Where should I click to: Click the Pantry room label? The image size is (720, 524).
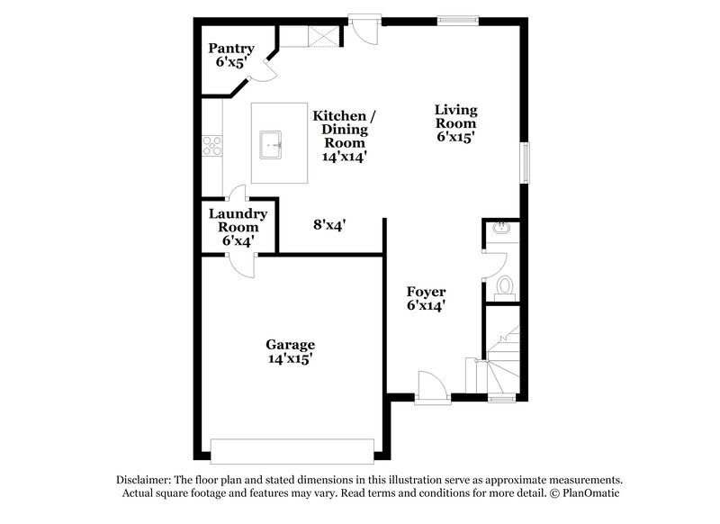click(231, 55)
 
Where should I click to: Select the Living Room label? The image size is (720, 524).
click(455, 123)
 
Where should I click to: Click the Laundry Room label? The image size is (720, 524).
click(238, 227)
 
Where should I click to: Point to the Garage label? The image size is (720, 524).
click(290, 351)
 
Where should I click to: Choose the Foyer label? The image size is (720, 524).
click(426, 298)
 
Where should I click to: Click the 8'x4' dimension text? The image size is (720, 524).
click(330, 225)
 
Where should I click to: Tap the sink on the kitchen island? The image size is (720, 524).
click(273, 143)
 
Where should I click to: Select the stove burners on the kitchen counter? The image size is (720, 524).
click(211, 144)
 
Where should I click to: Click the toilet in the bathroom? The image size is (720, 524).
click(505, 285)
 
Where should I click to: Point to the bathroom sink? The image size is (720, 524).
click(502, 230)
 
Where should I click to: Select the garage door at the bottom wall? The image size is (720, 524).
click(292, 449)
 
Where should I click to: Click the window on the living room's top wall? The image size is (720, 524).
click(456, 19)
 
